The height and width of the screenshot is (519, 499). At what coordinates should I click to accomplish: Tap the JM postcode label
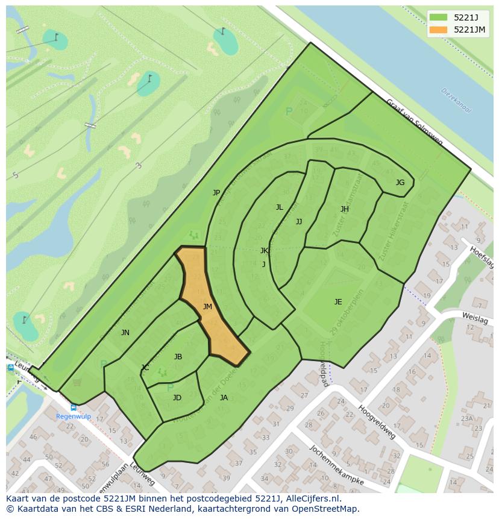(207, 307)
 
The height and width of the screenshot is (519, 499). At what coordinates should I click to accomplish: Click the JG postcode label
(400, 183)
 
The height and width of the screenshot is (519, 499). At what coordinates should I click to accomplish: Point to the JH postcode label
(345, 209)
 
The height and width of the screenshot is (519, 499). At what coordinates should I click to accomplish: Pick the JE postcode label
(338, 302)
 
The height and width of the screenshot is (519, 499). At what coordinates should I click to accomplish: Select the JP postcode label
(216, 193)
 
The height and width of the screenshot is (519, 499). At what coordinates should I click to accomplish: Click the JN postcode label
(125, 333)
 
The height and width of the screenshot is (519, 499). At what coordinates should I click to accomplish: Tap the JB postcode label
(178, 357)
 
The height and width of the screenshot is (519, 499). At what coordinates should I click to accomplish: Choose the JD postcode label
(177, 398)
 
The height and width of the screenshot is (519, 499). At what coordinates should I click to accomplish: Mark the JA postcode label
(224, 398)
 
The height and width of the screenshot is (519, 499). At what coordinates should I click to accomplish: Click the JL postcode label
(279, 207)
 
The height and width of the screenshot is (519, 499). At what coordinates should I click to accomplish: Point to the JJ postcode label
(299, 222)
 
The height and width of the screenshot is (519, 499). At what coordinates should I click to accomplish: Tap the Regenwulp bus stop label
(73, 416)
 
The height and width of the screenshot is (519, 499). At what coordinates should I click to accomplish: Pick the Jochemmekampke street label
(336, 465)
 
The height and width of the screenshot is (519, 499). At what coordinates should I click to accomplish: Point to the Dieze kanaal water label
(456, 101)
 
